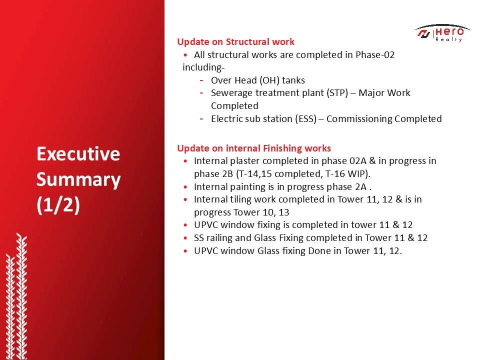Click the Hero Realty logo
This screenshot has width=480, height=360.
[x=442, y=33]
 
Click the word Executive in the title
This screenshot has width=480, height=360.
[x=78, y=154]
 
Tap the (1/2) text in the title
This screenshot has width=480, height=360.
[x=58, y=204]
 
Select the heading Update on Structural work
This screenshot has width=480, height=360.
[x=235, y=41]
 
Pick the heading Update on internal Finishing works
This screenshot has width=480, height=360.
[x=254, y=148]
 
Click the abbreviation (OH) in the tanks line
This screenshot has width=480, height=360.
[x=269, y=80]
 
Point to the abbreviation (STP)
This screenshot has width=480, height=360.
[x=337, y=93]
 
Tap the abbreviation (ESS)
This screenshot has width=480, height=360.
[x=306, y=119]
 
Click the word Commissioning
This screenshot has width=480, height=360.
[x=359, y=119]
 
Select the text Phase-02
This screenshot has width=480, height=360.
[x=375, y=55]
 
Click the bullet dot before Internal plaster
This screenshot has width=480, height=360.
[x=185, y=161]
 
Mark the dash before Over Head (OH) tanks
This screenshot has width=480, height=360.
[x=201, y=80]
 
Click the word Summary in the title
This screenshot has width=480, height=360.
[x=78, y=179]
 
